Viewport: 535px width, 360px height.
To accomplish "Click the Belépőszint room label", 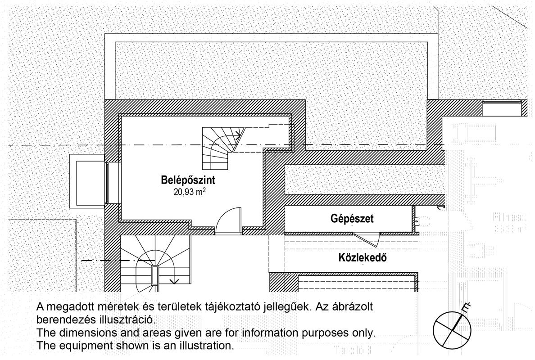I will click(188, 180).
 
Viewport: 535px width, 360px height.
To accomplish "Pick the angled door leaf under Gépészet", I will click(366, 240).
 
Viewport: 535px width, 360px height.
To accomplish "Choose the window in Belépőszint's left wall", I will click(107, 182).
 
